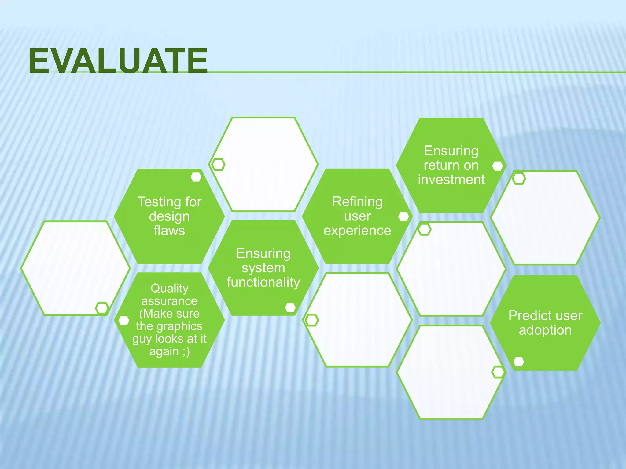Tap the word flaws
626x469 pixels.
pos(169,231)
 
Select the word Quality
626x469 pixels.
pos(169,288)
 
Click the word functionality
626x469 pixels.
pos(263,282)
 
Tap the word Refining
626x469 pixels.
pos(357,202)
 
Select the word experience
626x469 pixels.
pos(357,231)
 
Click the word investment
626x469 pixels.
pos(451,180)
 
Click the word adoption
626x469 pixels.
pos(545,330)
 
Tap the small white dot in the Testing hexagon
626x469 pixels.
pos(196,177)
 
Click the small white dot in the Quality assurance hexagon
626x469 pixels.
pos(124,320)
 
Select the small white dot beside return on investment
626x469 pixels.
pos(498,166)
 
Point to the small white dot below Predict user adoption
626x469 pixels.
pos(519,362)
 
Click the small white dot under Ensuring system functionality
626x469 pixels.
pos(290,307)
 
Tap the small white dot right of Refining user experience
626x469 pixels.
pos(403,216)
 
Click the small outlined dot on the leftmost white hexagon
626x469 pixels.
pos(102,307)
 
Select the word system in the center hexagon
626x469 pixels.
pos(263,268)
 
